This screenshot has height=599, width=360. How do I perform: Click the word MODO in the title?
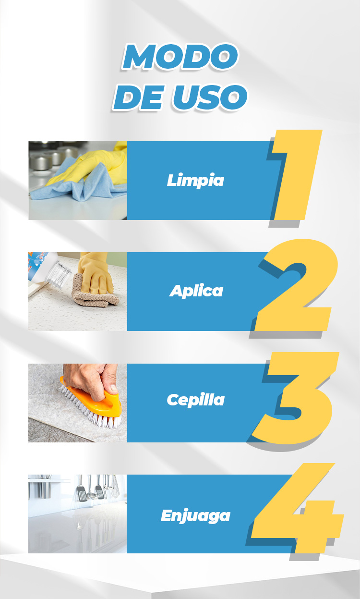tap(180, 56)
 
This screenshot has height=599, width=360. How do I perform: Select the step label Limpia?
tap(195, 180)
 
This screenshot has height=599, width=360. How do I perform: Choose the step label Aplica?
tap(196, 291)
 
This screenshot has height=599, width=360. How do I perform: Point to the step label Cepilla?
tap(196, 400)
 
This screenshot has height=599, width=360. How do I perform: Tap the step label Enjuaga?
tap(195, 515)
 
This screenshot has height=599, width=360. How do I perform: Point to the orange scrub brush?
tap(91, 398)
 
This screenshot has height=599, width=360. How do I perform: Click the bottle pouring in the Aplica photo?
tap(48, 269)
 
